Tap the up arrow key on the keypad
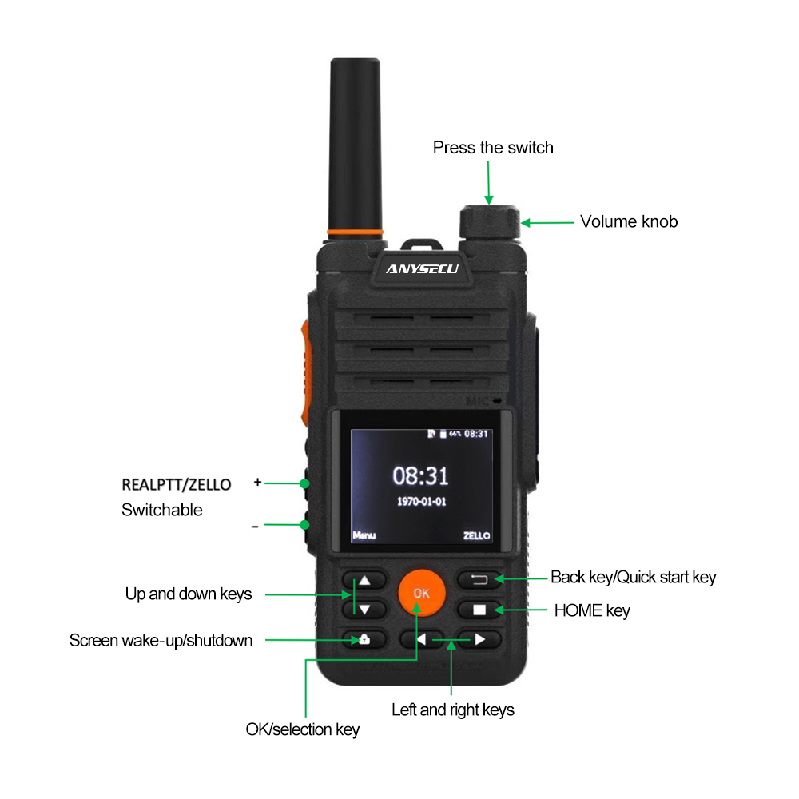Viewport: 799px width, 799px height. click(364, 580)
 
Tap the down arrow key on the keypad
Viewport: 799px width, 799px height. click(364, 610)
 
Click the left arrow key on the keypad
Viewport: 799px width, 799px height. click(421, 639)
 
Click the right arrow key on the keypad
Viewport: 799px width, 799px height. click(479, 639)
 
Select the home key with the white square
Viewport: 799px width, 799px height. click(479, 610)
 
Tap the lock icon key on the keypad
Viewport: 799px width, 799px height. click(364, 639)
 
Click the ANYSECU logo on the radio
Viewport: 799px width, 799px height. click(423, 269)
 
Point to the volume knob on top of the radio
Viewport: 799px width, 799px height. click(490, 222)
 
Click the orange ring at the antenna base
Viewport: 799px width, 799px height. click(356, 233)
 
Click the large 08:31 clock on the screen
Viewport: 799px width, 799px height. click(420, 475)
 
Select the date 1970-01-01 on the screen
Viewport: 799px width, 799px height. click(421, 502)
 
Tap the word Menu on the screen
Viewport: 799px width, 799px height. click(364, 535)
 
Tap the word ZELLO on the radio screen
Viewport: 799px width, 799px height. click(476, 535)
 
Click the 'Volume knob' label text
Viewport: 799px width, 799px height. click(629, 221)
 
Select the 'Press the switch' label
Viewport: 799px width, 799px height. click(493, 148)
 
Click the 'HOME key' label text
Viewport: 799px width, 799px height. click(592, 610)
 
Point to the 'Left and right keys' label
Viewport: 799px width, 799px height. click(452, 710)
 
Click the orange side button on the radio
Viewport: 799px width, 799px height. click(305, 373)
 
